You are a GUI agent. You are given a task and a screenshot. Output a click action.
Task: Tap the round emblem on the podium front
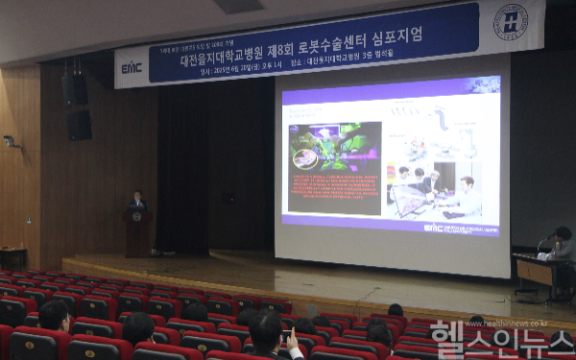136,217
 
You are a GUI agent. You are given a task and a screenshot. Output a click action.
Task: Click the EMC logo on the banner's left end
131,67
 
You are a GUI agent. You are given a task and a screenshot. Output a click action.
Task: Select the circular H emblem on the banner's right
510,21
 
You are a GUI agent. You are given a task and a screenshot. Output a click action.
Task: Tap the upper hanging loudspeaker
75,90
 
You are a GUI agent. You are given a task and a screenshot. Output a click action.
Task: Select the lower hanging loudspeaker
80,125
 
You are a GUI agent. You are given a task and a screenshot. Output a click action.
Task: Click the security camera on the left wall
11,142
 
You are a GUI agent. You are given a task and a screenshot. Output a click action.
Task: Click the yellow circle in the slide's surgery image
306,158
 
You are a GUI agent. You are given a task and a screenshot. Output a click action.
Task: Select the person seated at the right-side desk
562,245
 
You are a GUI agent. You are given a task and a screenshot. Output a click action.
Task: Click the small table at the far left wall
12,257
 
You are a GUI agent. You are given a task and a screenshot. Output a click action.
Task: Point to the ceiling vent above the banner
239,6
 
